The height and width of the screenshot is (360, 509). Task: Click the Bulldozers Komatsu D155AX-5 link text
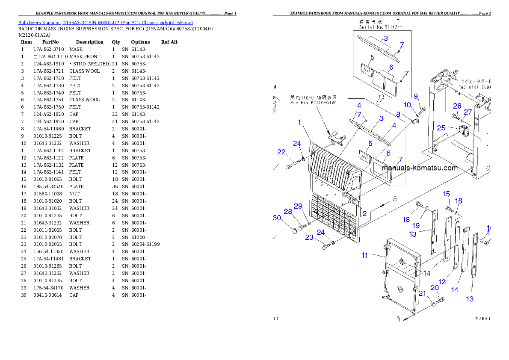105,22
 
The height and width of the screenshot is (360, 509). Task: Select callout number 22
281,152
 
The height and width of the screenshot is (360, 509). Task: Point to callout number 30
277,218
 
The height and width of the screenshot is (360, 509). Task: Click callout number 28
288,211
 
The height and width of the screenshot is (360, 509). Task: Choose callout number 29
298,206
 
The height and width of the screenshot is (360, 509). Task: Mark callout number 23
309,237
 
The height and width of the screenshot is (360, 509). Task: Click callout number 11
364,255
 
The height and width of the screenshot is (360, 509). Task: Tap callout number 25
441,127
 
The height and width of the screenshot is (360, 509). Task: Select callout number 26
457,106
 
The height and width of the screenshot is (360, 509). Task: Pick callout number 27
468,112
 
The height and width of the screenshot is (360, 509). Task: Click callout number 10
407,105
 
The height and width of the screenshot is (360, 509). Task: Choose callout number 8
398,114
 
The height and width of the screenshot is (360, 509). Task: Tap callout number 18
406,220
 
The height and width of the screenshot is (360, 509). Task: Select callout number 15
446,194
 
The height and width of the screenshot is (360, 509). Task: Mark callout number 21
423,293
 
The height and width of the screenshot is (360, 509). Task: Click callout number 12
442,282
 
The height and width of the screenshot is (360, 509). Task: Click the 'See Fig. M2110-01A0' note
313,103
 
